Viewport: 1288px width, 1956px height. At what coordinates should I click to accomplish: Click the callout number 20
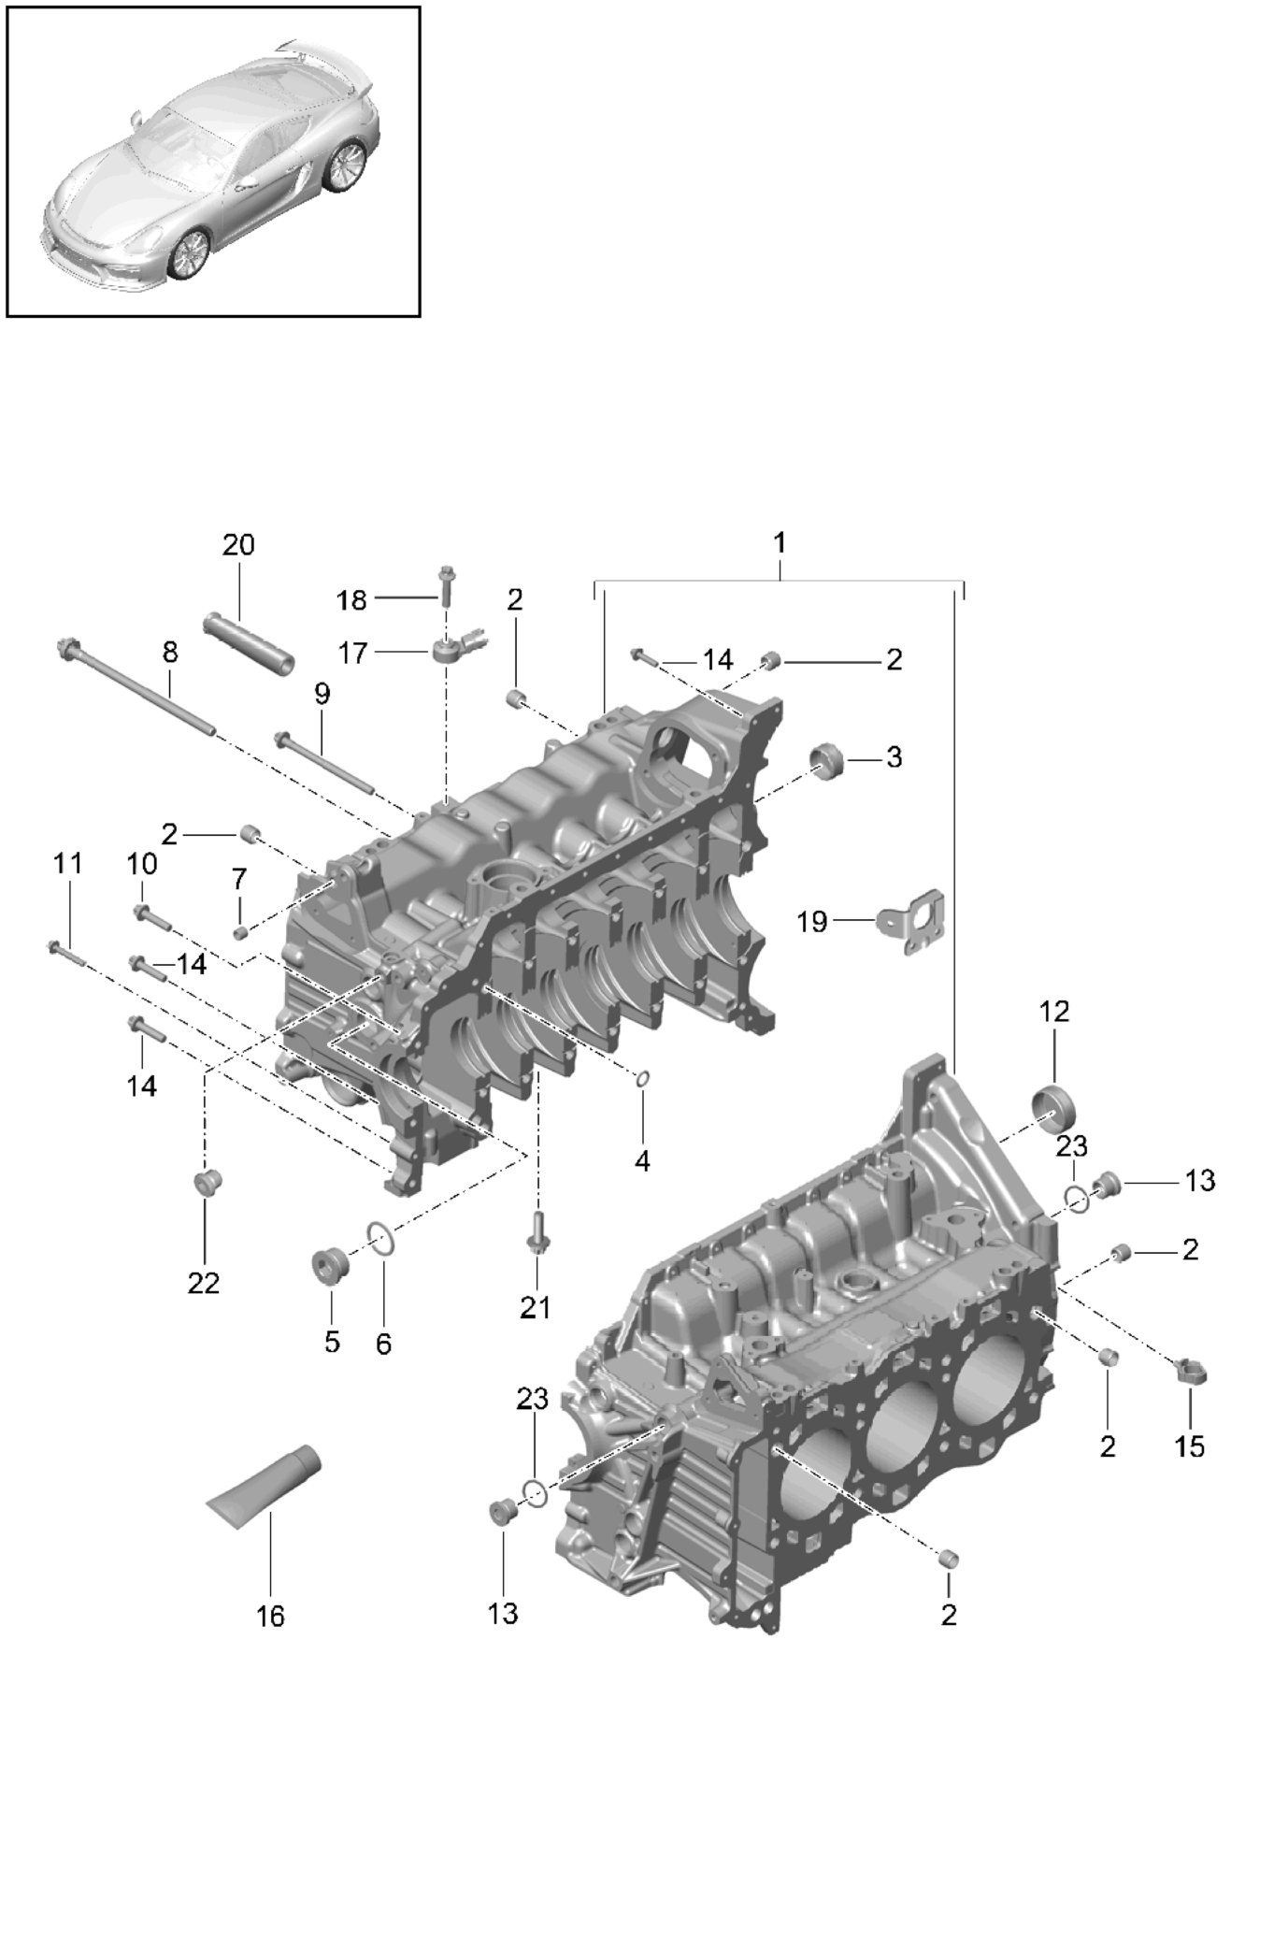coord(238,544)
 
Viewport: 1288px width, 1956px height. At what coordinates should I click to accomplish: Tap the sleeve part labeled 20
coord(248,642)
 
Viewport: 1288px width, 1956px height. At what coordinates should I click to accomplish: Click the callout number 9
coord(322,694)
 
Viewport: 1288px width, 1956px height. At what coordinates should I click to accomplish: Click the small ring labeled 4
coord(642,1081)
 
